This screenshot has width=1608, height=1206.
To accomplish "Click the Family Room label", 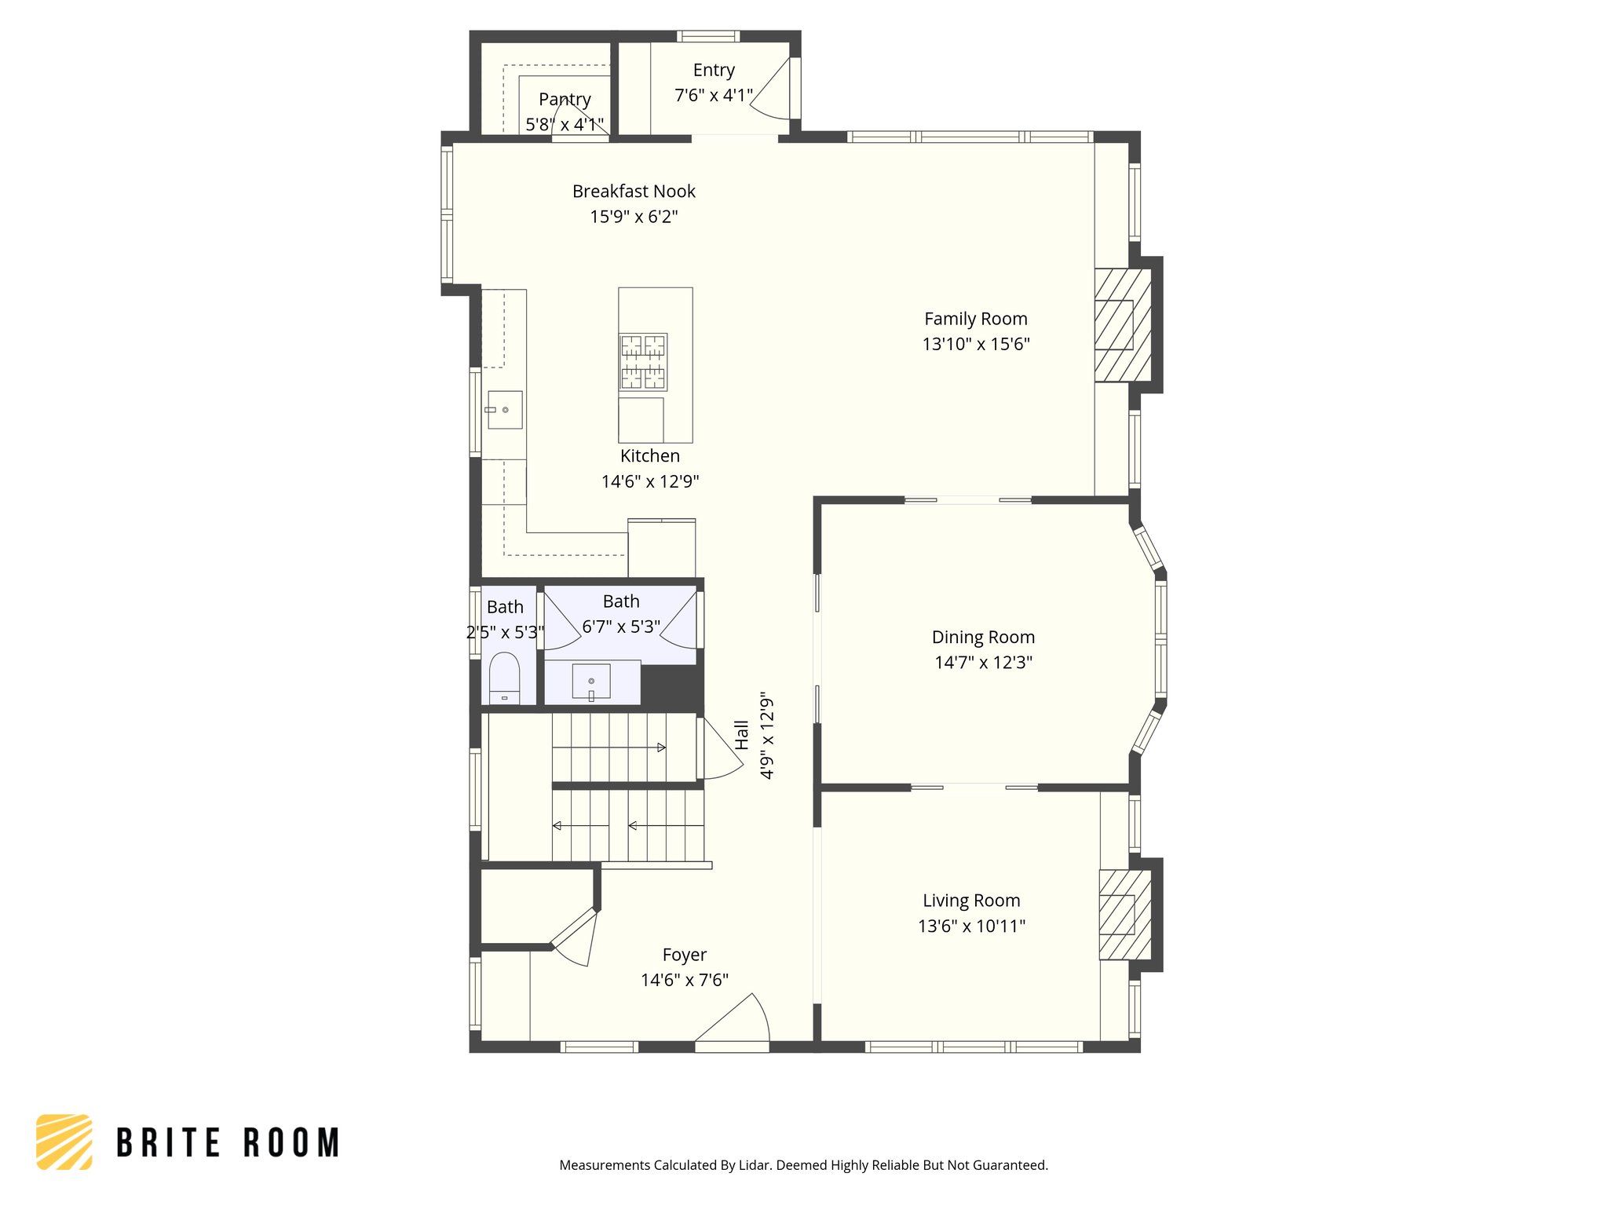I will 975,319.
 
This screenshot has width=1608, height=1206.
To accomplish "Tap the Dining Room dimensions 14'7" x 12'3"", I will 983,663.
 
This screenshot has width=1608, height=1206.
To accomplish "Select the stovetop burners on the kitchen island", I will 643,362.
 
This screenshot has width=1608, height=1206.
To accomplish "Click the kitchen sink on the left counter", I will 504,410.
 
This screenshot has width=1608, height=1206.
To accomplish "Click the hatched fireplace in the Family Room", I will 1123,325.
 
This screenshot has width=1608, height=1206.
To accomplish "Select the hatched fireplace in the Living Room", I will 1124,915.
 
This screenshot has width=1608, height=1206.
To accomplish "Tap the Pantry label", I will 565,100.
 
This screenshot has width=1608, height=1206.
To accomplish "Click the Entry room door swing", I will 773,90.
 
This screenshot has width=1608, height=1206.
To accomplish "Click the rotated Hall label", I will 742,735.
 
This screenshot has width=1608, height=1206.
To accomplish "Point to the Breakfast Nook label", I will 634,192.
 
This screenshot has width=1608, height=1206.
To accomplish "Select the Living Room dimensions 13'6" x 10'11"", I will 971,926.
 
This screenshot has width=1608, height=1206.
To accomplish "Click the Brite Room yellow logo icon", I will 64,1142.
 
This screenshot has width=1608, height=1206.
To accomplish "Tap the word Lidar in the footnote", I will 754,1165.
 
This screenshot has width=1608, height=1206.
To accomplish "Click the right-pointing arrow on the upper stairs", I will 661,747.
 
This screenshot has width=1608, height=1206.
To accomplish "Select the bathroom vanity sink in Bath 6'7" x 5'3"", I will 591,682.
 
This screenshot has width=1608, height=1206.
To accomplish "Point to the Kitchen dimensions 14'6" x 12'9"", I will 649,482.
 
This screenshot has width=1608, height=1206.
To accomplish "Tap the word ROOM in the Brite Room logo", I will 291,1143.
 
